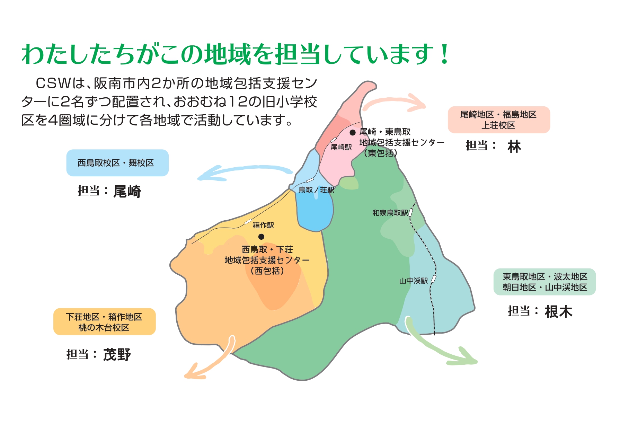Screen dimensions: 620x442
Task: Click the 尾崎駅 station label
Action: pyautogui.click(x=341, y=147)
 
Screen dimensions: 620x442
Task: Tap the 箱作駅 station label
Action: pyautogui.click(x=263, y=225)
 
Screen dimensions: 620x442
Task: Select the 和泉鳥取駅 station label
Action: pyautogui.click(x=390, y=213)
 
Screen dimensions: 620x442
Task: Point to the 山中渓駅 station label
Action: pyautogui.click(x=414, y=281)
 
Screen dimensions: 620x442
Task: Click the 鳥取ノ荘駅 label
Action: pyautogui.click(x=317, y=190)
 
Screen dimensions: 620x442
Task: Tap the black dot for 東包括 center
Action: pyautogui.click(x=353, y=132)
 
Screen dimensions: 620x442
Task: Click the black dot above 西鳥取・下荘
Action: pyautogui.click(x=261, y=237)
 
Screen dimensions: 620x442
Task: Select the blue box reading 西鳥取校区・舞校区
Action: pyautogui.click(x=117, y=163)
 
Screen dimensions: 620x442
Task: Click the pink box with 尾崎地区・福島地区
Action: pyautogui.click(x=499, y=120)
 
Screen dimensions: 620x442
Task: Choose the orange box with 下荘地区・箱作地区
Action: pyautogui.click(x=105, y=321)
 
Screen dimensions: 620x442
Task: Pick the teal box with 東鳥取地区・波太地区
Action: pyautogui.click(x=544, y=282)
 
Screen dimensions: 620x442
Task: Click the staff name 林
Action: pyautogui.click(x=514, y=147)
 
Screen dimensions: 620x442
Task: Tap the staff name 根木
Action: pyautogui.click(x=558, y=312)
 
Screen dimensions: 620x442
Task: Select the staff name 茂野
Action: pyautogui.click(x=117, y=355)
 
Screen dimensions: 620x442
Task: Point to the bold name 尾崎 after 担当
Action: pyautogui.click(x=127, y=191)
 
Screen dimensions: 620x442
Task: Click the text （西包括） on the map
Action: pyautogui.click(x=267, y=271)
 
